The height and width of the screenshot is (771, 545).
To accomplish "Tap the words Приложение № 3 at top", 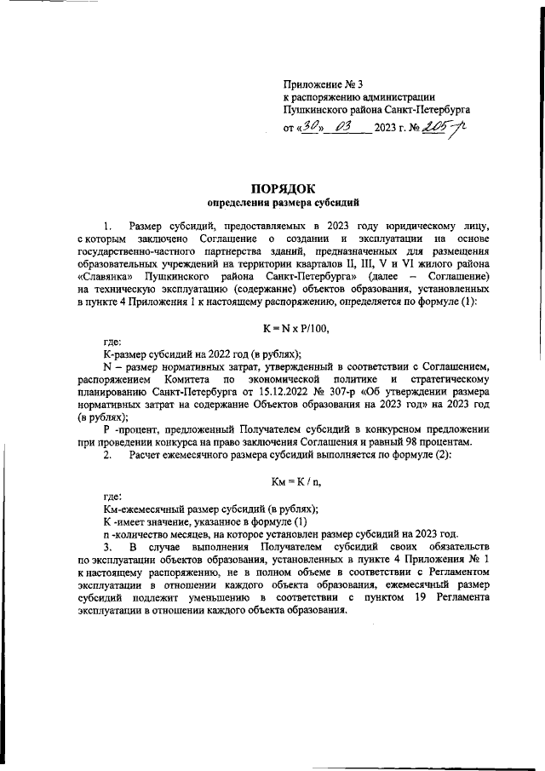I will (323, 83).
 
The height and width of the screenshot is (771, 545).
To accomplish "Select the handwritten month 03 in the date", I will (346, 128).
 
